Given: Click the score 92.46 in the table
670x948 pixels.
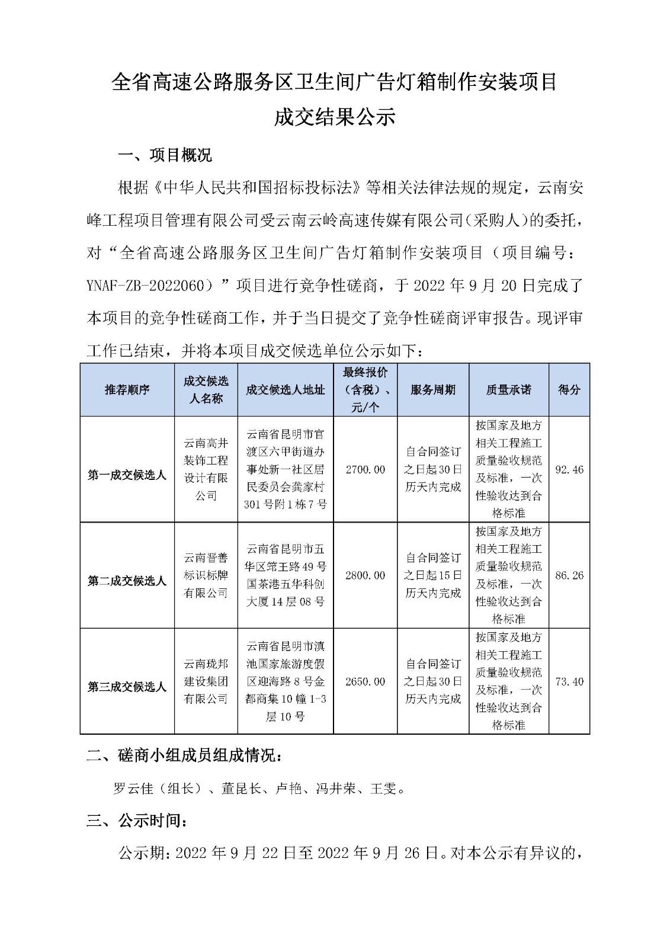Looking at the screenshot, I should (x=569, y=470).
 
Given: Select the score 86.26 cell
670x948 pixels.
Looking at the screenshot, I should (x=569, y=575).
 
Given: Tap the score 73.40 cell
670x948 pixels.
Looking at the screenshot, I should (x=569, y=681).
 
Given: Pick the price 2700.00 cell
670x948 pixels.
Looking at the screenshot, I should (x=365, y=470).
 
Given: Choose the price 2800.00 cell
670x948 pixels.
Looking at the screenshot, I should (x=365, y=575).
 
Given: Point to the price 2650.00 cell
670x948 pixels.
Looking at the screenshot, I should (x=365, y=681).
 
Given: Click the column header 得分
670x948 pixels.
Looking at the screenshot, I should (x=569, y=389).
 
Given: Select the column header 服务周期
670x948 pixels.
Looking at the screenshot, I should (x=433, y=389).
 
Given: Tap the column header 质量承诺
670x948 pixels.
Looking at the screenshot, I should (x=509, y=389).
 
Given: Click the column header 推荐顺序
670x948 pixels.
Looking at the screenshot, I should (x=127, y=389).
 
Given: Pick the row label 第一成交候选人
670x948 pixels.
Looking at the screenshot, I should (x=127, y=475).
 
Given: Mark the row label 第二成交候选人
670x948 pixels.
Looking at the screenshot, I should (x=127, y=581).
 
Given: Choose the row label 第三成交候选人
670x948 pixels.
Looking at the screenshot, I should (x=127, y=687).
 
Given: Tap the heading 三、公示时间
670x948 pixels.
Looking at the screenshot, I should (x=137, y=821).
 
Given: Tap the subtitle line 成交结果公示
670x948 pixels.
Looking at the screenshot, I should (x=334, y=117).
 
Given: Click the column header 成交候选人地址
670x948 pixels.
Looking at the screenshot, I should (x=286, y=389).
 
